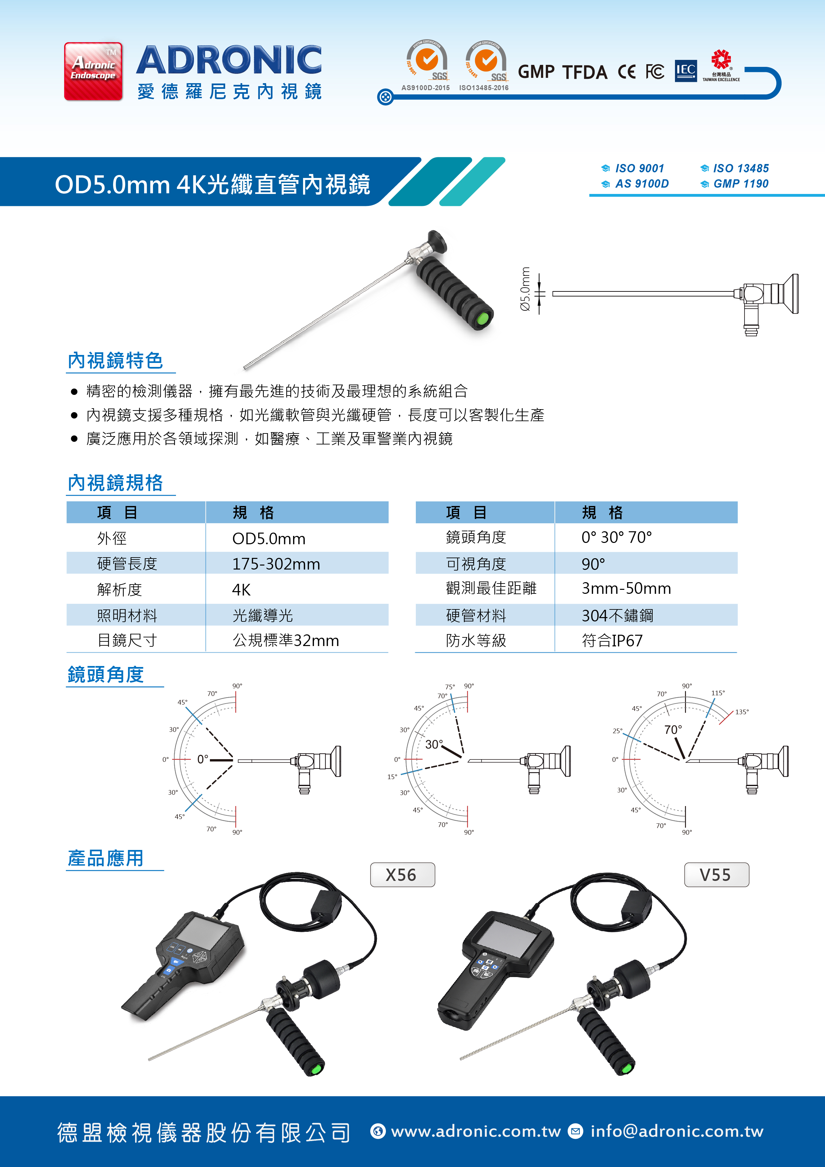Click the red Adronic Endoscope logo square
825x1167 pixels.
93,71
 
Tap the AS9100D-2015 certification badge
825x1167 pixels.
426,66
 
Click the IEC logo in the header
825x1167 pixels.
686,71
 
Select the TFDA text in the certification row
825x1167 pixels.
584,72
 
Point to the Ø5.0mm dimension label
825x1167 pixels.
525,289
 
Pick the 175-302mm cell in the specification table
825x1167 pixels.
276,564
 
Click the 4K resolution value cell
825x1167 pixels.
242,589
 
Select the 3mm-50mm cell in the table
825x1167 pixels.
626,588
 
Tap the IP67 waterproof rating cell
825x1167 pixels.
612,640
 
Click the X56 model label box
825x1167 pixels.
402,875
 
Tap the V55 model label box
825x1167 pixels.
716,875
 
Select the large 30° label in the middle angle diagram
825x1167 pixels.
434,744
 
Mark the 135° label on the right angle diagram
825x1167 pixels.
742,712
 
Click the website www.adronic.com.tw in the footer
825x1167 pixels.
476,1131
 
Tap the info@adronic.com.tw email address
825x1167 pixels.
677,1131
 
